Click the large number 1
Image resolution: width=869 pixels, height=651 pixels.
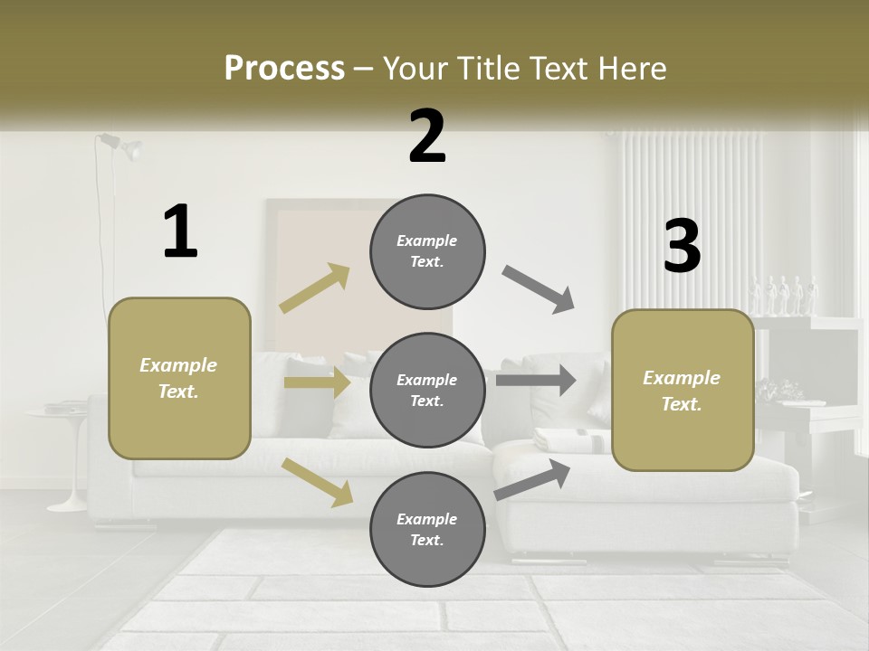pos(180,231)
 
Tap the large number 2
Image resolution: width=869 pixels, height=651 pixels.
pos(426,136)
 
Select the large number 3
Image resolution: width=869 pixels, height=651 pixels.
pos(682,247)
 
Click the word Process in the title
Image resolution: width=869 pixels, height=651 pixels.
pos(284,69)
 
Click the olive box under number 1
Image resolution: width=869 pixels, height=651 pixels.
pos(179,378)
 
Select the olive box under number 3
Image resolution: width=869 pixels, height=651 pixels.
pos(683,390)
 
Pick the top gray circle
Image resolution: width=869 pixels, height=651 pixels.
pos(427,251)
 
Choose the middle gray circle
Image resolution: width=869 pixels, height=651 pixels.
pos(427,390)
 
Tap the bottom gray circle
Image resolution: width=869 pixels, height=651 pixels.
pos(427,529)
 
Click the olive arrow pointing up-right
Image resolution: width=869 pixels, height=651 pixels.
pos(315,288)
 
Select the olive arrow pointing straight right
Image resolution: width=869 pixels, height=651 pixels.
pos(317,382)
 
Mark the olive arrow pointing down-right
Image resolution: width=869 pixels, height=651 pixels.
pos(317,481)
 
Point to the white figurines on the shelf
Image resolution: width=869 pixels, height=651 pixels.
pos(784,296)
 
